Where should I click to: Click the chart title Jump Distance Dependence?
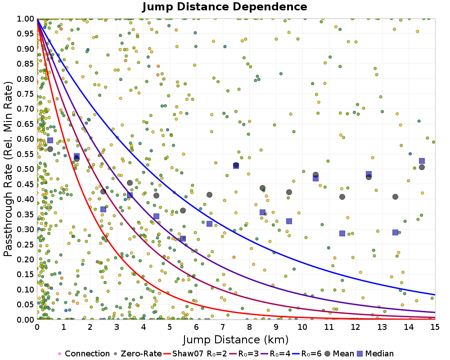[225, 7]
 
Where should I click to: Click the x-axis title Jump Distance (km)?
[236, 339]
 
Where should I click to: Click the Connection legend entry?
[84, 354]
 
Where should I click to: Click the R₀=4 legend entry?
[277, 354]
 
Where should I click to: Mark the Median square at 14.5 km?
[422, 161]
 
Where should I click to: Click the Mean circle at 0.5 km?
[50, 149]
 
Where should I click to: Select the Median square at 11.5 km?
[342, 233]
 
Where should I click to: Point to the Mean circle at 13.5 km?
[395, 197]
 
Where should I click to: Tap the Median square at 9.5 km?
[289, 221]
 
